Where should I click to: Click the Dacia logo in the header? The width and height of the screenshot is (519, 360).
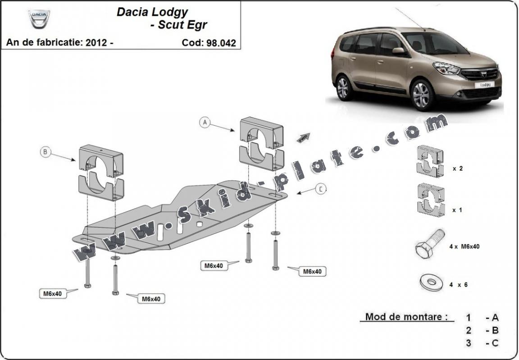tap(39, 19)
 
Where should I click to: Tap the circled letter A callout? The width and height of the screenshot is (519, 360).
tap(205, 122)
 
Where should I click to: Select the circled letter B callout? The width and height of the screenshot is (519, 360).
tap(45, 152)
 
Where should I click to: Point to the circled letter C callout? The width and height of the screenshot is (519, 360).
tap(320, 189)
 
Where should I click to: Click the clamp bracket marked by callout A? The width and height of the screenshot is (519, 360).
tap(261, 143)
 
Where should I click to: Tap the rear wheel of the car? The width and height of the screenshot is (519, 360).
tap(343, 87)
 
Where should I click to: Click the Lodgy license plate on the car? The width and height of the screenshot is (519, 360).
tap(484, 84)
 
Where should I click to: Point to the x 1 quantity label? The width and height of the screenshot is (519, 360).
tap(458, 210)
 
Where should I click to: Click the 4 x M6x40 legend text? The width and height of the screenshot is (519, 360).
tap(464, 246)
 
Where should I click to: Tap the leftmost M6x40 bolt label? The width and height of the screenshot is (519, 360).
tap(52, 293)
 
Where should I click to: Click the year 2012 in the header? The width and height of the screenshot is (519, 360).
tap(95, 43)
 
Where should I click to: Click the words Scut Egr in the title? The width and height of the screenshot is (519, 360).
tap(182, 25)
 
